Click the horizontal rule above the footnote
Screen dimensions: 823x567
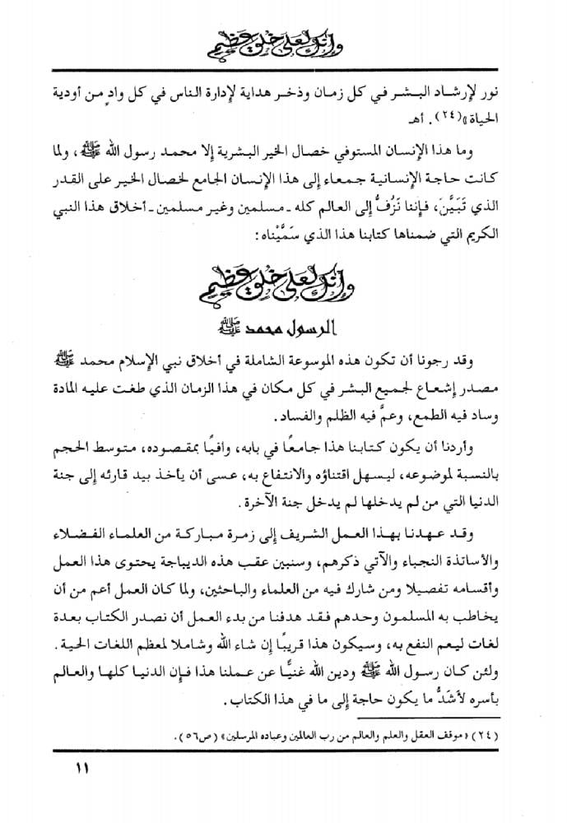click(x=283, y=708)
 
